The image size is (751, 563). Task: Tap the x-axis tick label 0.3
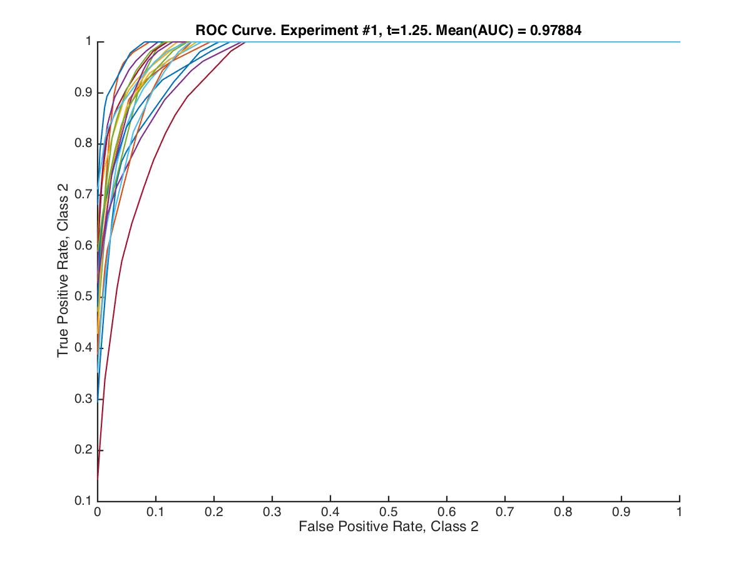point(272,511)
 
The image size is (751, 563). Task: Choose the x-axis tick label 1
point(679,511)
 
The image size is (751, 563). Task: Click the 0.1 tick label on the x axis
point(155,511)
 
